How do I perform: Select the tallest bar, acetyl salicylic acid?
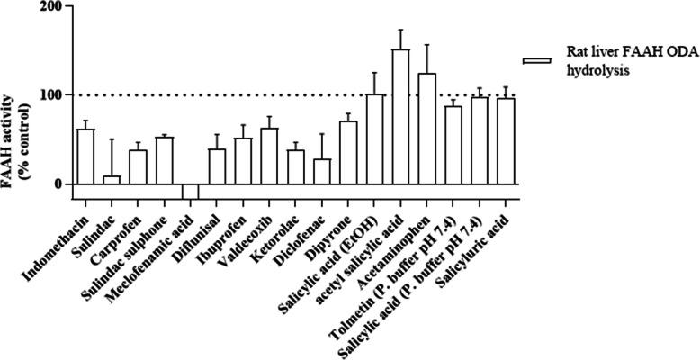(x=400, y=117)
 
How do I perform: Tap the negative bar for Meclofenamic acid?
(x=190, y=192)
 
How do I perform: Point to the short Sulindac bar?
(x=112, y=180)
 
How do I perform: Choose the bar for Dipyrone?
(x=348, y=153)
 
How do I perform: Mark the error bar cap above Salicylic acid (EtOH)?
(x=374, y=73)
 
